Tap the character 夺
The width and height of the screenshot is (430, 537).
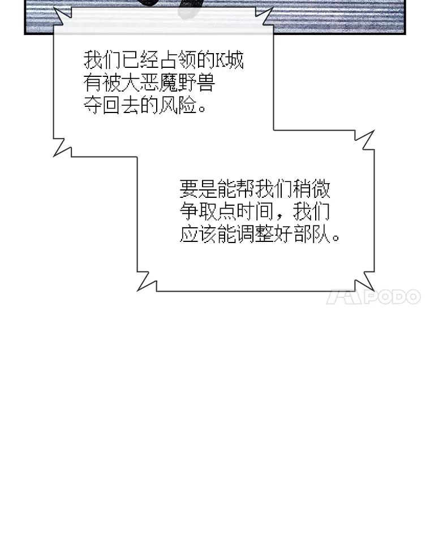[92, 106]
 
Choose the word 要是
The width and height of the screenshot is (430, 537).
[198, 188]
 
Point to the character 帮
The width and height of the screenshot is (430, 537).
[245, 188]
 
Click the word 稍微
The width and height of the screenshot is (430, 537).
[311, 188]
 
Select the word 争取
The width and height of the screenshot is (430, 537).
[198, 211]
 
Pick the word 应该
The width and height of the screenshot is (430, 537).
[198, 234]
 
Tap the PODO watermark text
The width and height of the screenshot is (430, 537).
[392, 297]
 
